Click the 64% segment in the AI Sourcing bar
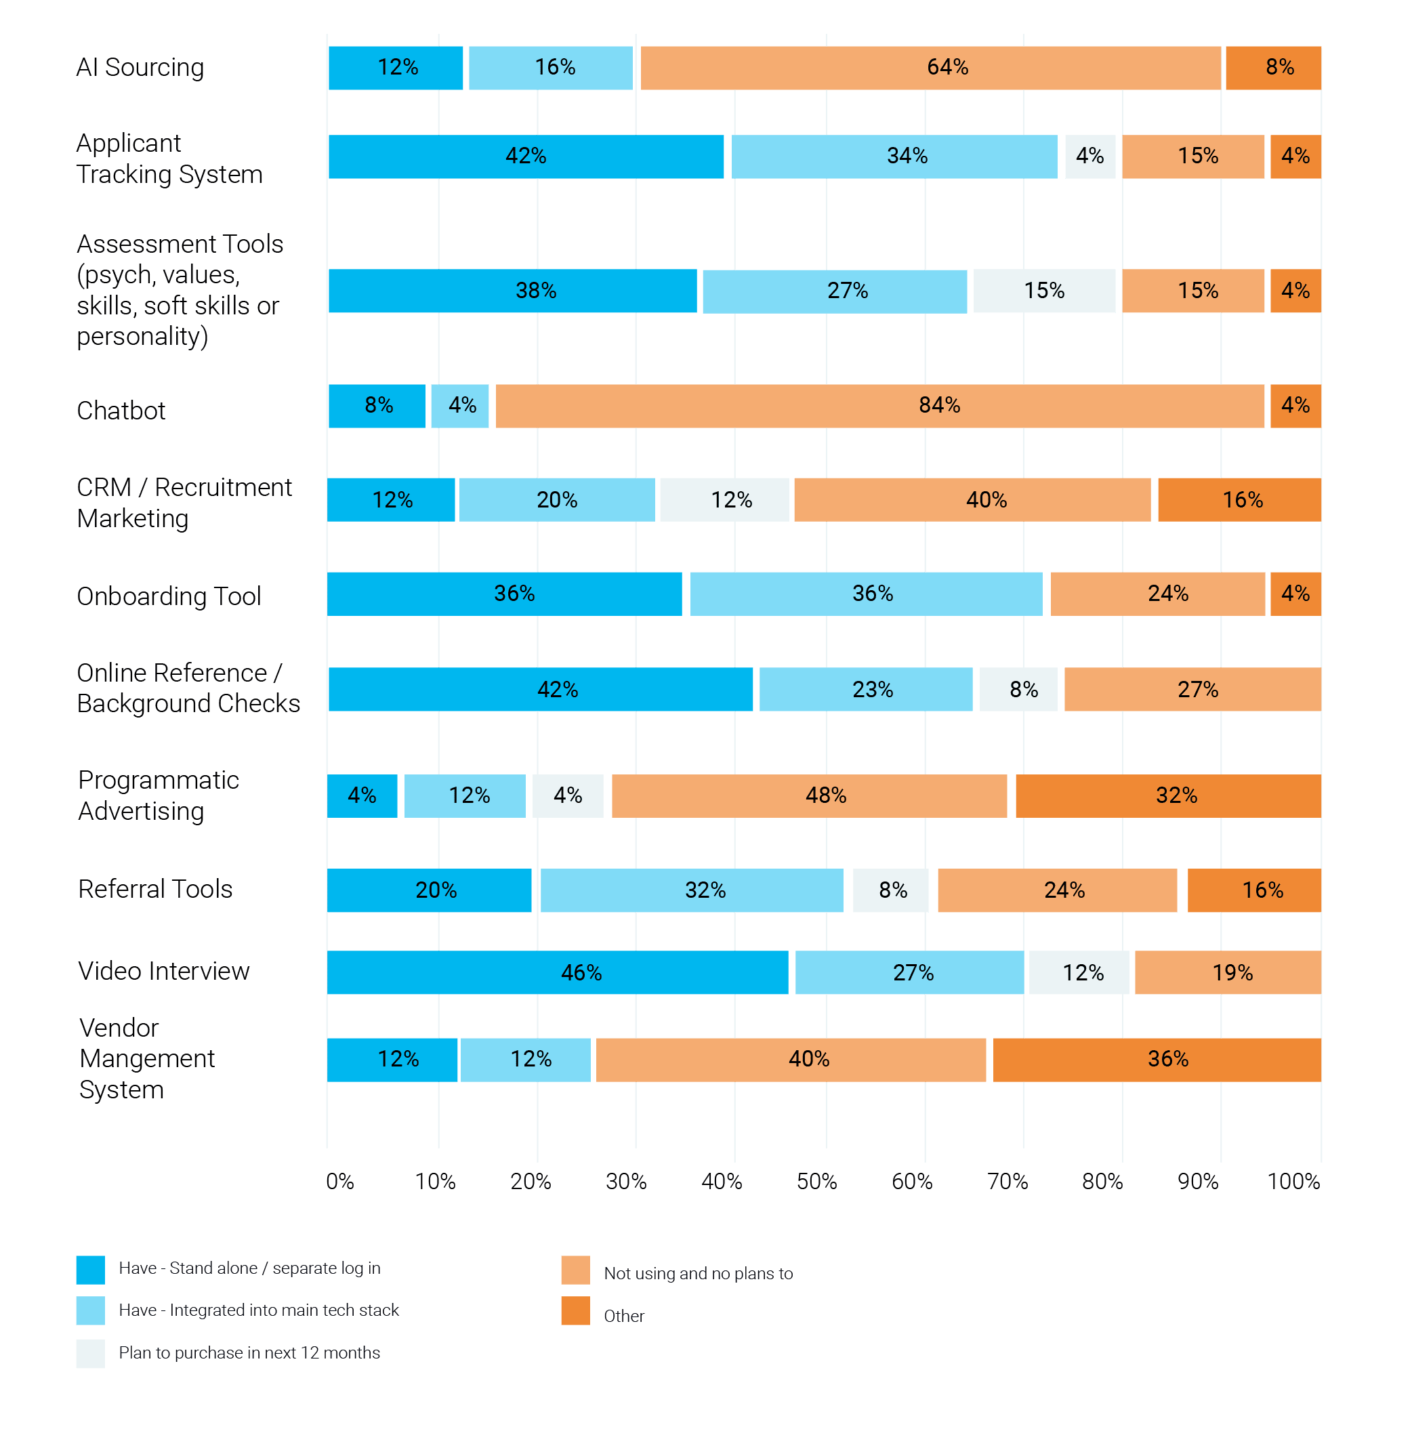[930, 68]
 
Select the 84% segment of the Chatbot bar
[879, 406]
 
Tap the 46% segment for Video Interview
[558, 972]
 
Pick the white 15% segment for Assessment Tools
[1044, 291]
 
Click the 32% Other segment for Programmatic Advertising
[1168, 795]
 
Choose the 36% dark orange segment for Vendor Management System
[1157, 1059]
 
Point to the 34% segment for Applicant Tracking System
[894, 157]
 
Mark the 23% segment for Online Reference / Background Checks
[865, 690]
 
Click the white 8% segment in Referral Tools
[891, 890]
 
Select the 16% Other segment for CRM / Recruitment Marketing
[1239, 500]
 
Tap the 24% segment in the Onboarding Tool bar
[1158, 594]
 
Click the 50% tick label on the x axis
[816, 1182]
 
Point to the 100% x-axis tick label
[1293, 1182]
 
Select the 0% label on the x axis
[339, 1182]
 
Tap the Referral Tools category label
[155, 888]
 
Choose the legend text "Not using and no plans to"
[698, 1273]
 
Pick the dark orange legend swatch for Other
[575, 1311]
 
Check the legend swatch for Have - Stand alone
[91, 1270]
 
